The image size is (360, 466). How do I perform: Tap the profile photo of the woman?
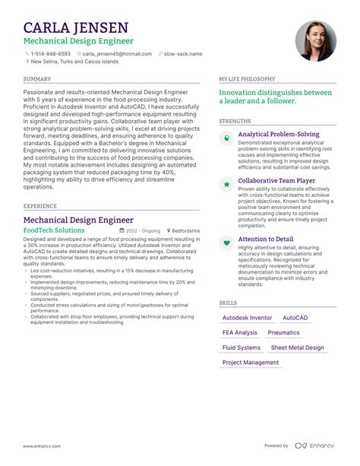(x=315, y=41)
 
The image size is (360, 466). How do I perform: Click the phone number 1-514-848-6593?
(x=51, y=54)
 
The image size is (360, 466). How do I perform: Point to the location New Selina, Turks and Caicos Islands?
(x=74, y=62)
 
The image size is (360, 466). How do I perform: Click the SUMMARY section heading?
(x=37, y=79)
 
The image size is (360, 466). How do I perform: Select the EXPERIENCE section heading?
(x=39, y=206)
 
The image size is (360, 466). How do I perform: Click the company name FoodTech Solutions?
(x=54, y=230)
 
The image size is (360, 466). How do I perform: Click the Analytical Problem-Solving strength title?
(x=279, y=135)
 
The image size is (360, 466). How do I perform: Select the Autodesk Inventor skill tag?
(x=247, y=318)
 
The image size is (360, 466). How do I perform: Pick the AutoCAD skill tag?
(x=295, y=318)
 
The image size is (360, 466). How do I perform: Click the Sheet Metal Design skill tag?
(x=297, y=347)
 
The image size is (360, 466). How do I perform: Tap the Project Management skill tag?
(x=250, y=363)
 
